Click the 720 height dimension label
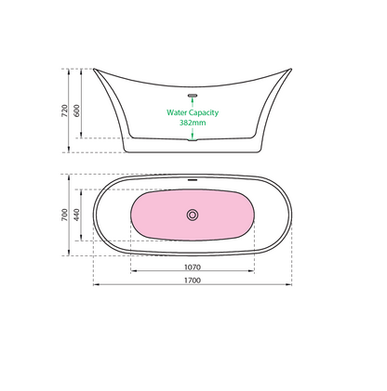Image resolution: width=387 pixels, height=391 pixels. coord(64,111)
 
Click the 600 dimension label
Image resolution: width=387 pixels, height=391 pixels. coord(76,111)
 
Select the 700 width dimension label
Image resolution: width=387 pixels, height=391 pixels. coord(64,215)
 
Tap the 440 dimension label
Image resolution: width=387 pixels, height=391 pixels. coord(76,215)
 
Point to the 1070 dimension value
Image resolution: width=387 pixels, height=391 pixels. coord(193,267)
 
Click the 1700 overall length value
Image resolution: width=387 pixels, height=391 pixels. coord(193,280)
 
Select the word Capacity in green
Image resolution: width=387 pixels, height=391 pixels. coord(204,113)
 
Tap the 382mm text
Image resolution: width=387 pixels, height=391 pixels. coord(193,123)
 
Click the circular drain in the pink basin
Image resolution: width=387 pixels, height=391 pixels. coord(193,215)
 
